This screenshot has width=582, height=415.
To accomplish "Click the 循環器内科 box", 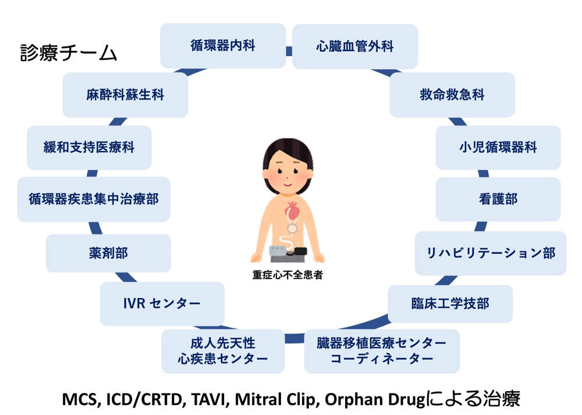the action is click(x=223, y=46).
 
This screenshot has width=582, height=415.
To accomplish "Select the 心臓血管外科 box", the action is click(x=355, y=46).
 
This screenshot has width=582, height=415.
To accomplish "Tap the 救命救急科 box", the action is click(x=452, y=95).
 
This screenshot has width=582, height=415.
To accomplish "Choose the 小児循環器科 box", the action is click(x=498, y=148).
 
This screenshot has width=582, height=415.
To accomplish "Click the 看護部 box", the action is click(x=498, y=199).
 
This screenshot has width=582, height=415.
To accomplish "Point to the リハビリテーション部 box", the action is click(x=490, y=253).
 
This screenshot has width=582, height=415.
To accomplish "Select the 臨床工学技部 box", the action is click(x=450, y=304).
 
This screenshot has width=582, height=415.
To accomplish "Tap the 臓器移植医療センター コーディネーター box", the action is click(x=382, y=351).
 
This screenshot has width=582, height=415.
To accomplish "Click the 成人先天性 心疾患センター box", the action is click(x=223, y=351).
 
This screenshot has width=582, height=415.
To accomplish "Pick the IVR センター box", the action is click(x=162, y=304).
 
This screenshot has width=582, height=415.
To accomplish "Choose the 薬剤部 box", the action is click(x=108, y=253).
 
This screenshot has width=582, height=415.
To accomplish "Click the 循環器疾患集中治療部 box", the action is click(x=94, y=199).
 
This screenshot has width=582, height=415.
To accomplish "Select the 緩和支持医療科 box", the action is click(x=89, y=148).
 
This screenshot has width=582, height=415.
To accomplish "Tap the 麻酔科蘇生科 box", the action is click(x=125, y=95).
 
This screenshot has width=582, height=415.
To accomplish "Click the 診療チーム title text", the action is click(x=69, y=53).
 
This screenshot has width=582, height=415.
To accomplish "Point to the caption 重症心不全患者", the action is click(x=288, y=275).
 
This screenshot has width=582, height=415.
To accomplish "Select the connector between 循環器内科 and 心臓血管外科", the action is click(x=289, y=51).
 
